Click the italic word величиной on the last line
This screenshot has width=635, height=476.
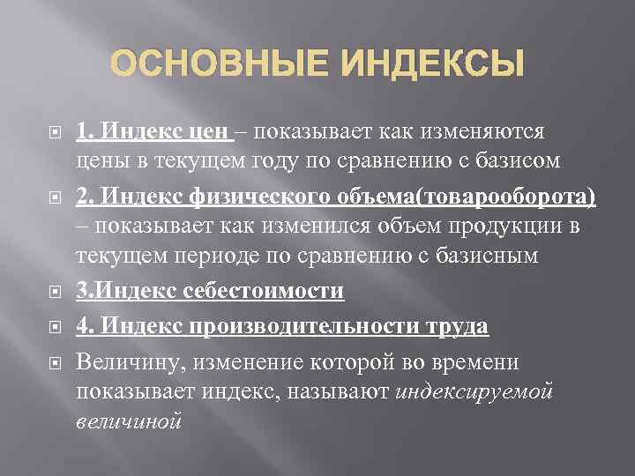tap(129, 420)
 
